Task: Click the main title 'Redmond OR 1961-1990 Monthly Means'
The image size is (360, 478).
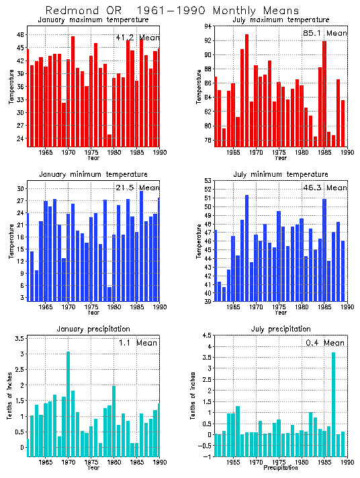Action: coord(180,10)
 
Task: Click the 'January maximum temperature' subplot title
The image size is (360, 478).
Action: coord(93,19)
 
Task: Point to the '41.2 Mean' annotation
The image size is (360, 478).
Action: coord(137,38)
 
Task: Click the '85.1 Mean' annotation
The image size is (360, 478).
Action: coord(326,33)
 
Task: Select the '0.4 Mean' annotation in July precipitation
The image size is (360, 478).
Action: coord(326,343)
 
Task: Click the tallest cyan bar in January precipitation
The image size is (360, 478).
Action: coord(68,403)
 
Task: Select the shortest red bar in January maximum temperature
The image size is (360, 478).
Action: coord(109,140)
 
